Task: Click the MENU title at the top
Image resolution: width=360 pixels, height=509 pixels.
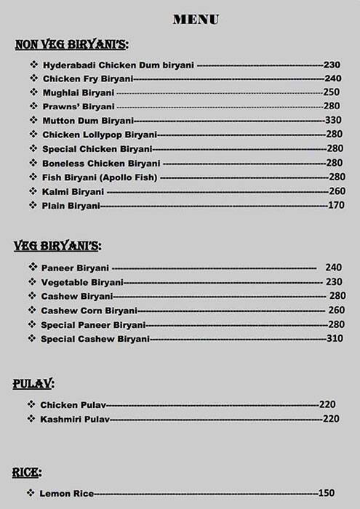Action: (196, 20)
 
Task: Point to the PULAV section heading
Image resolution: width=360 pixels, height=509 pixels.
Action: (33, 383)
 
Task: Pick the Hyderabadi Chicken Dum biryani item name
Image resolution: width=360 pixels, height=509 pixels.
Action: (119, 65)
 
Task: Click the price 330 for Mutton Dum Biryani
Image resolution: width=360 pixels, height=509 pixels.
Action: (333, 120)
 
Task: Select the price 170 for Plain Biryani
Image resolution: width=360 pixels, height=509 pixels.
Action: (335, 207)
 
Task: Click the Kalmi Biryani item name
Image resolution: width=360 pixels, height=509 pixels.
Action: (73, 192)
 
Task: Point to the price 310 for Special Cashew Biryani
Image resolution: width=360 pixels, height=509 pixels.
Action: (335, 339)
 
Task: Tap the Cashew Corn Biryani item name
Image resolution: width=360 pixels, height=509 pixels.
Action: (89, 310)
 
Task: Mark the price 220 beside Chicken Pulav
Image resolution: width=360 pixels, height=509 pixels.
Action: (327, 404)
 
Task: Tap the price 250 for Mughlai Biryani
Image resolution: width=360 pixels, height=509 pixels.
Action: (331, 92)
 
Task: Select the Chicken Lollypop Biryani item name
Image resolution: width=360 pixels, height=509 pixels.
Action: (100, 135)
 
